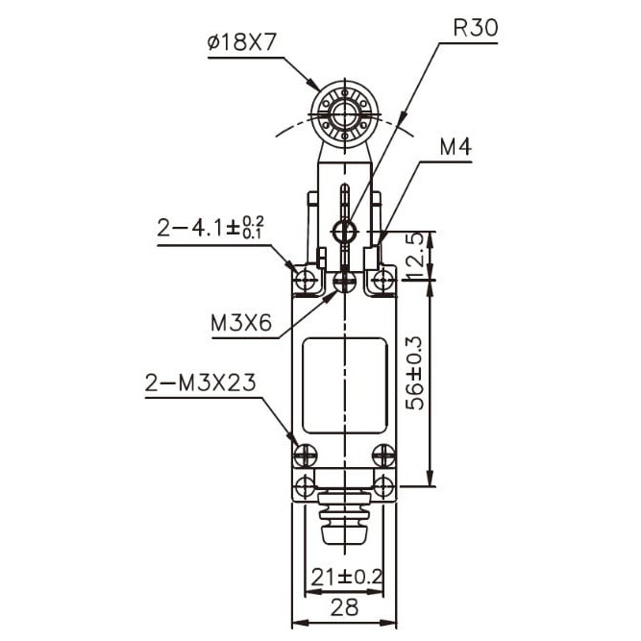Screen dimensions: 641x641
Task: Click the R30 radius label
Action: point(476,28)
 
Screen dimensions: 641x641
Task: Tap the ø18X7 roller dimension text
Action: point(242,42)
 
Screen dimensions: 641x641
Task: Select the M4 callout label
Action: point(456,147)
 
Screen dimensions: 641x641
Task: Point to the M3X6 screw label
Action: point(241,323)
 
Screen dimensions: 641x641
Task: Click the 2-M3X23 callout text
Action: point(200,383)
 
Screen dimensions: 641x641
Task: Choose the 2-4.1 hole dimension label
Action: point(210,228)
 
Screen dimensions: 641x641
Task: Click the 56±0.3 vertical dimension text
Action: point(416,373)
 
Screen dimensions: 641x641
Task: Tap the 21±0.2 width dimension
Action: point(347,578)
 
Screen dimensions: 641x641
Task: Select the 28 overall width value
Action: point(344,607)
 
